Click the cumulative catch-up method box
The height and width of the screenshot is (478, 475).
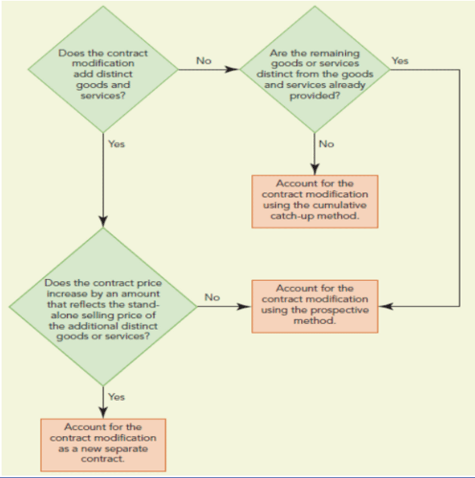click(x=314, y=201)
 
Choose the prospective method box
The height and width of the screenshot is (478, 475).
click(x=314, y=306)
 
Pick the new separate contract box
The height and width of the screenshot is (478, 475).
click(x=103, y=445)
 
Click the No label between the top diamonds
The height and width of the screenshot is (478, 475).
click(x=203, y=61)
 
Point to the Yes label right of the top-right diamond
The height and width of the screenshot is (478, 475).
click(x=400, y=61)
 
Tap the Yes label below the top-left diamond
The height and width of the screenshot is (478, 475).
click(x=116, y=144)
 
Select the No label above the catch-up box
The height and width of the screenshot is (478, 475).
click(x=326, y=144)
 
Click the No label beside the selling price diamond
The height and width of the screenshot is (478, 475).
click(x=212, y=297)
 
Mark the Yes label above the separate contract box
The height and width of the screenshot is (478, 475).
click(x=116, y=397)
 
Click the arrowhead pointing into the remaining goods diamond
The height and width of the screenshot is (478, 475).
click(x=232, y=70)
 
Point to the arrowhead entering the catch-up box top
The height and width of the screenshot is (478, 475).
click(x=314, y=169)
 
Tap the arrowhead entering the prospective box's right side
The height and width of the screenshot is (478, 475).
click(x=385, y=306)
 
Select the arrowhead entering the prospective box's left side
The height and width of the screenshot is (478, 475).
click(x=244, y=306)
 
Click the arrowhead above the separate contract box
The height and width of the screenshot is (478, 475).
click(x=103, y=412)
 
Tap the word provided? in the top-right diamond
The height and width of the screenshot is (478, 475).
click(x=314, y=96)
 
